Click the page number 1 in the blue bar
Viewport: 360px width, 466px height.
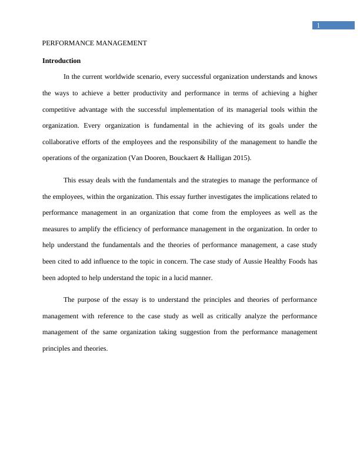318,25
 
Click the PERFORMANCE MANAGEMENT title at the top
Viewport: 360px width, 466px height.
95,44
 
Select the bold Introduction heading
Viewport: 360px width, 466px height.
61,61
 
